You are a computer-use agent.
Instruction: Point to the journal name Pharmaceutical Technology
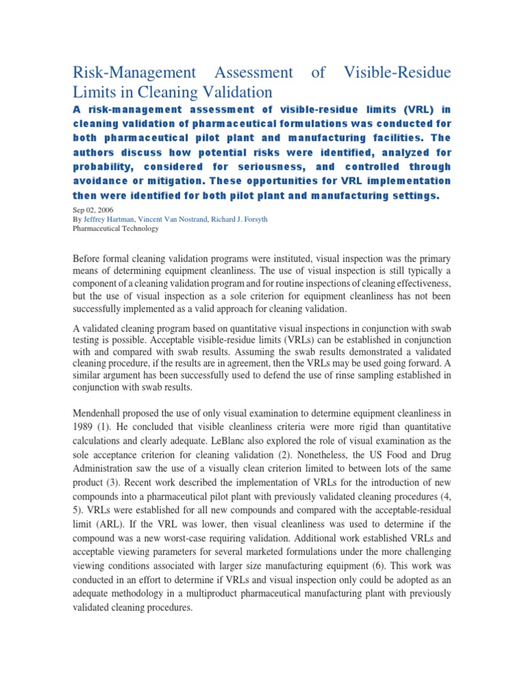tap(115, 229)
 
